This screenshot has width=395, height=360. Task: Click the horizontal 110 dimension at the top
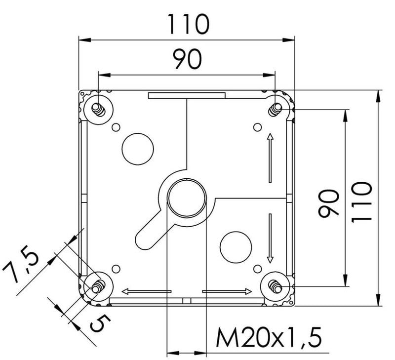pyautogui.click(x=188, y=24)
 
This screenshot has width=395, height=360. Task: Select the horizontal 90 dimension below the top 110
pyautogui.click(x=187, y=59)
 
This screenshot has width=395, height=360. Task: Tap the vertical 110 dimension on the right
pyautogui.click(x=361, y=202)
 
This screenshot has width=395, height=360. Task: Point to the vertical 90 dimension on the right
pyautogui.click(x=329, y=204)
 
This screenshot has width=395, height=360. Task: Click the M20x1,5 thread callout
pyautogui.click(x=269, y=337)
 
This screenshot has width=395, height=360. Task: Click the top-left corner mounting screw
pyautogui.click(x=98, y=110)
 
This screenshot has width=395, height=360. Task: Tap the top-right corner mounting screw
pyautogui.click(x=275, y=110)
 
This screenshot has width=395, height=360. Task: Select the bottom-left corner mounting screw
pyautogui.click(x=98, y=287)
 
